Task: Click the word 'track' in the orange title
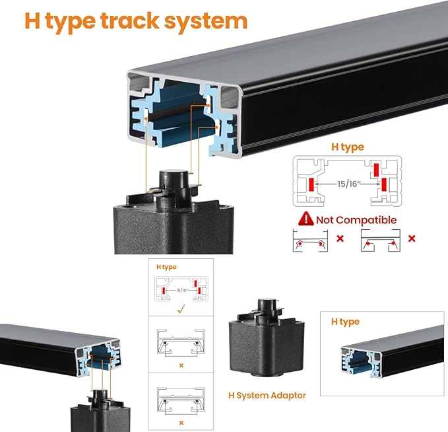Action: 130,21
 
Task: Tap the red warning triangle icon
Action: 306,219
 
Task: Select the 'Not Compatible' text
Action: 356,220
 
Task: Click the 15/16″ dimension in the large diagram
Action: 348,184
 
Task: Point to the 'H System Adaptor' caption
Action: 267,396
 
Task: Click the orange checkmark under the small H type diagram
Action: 181,308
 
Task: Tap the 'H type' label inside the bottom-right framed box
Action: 346,322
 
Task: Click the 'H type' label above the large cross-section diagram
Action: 348,147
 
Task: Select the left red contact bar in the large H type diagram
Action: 311,184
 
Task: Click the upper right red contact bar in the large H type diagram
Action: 376,170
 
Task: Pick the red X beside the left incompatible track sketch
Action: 340,238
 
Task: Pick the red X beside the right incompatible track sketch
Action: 412,238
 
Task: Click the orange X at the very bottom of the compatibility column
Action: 181,423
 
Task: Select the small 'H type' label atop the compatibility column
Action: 166,267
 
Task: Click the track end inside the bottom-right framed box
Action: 362,362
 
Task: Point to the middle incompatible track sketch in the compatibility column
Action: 181,343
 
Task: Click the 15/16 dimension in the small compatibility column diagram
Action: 181,291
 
